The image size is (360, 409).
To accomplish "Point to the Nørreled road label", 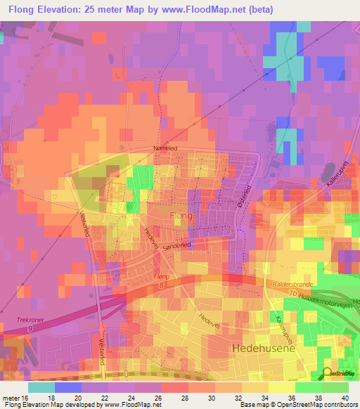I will [167, 148].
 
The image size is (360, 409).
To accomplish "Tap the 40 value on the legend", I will [345, 398].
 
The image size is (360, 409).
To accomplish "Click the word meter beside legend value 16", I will [10, 398].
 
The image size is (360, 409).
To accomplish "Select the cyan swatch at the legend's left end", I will [41, 387].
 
